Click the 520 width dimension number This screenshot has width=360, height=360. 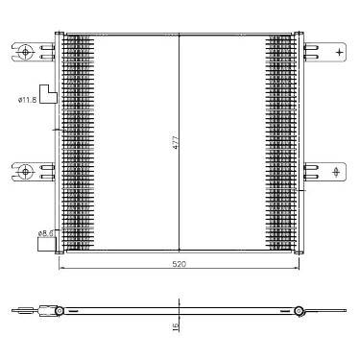point(179,264)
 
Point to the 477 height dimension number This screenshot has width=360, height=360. point(175,142)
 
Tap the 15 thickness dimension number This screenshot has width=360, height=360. point(175,326)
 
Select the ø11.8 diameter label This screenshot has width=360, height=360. point(27,100)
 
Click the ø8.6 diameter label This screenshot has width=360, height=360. point(46,233)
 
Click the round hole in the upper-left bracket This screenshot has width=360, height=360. point(25,51)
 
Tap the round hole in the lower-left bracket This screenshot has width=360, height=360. point(25,172)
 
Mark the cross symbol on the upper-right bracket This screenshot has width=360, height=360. point(339,52)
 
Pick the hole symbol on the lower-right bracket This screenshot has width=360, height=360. point(336,172)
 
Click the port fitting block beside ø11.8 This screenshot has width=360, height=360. point(48,94)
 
